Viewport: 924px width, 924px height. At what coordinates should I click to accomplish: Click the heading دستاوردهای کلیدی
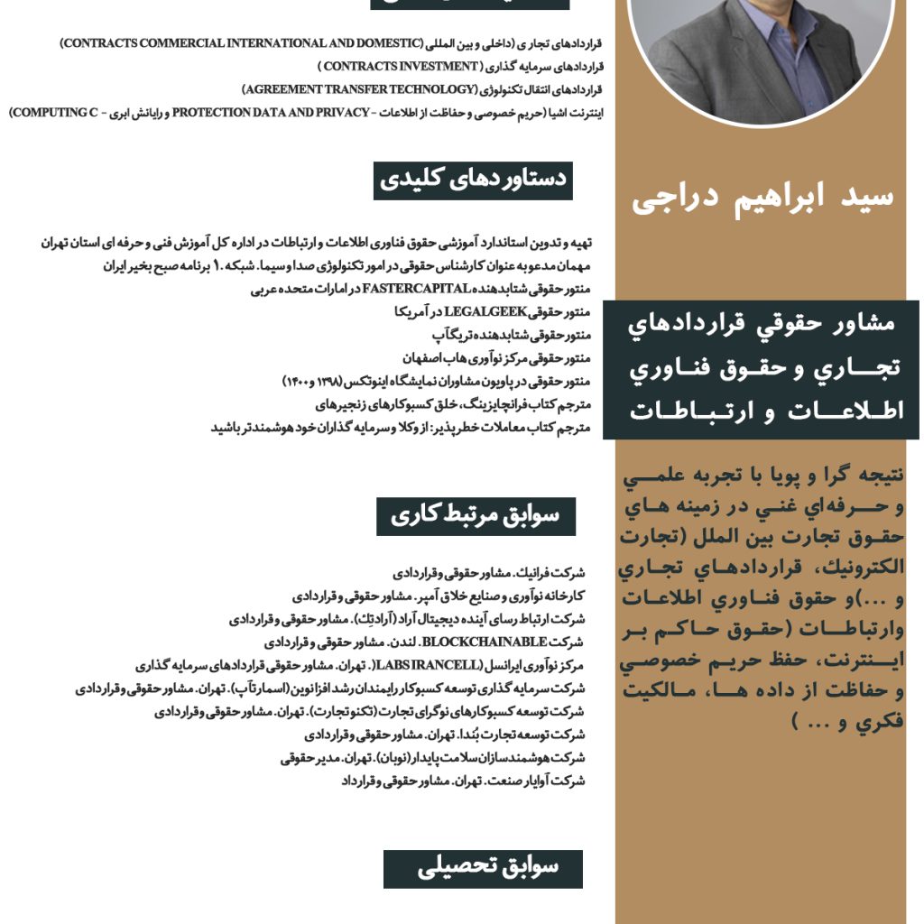(x=473, y=180)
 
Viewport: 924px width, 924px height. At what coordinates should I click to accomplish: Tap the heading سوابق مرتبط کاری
(x=476, y=515)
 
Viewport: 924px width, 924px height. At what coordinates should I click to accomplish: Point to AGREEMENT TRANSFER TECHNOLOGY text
(x=358, y=89)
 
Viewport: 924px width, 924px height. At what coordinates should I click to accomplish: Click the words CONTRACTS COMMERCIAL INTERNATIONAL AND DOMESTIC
(x=242, y=43)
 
